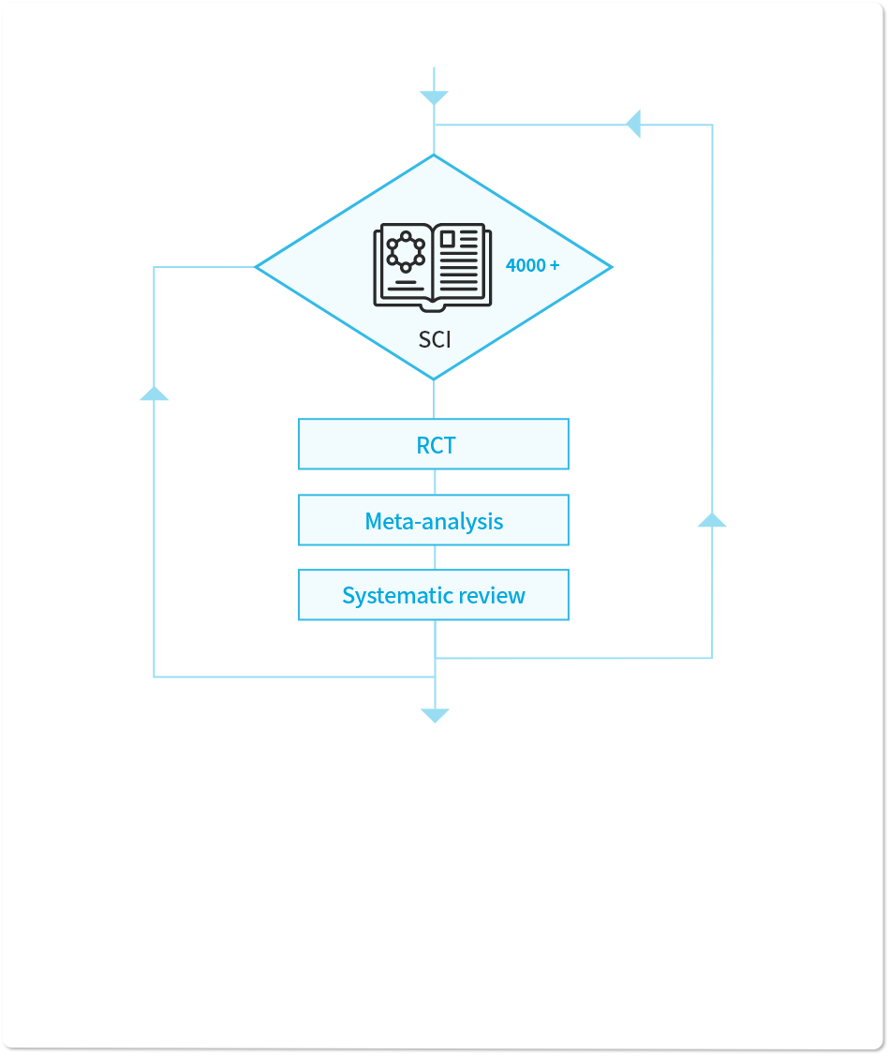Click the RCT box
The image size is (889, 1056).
click(434, 444)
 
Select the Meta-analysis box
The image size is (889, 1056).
click(434, 520)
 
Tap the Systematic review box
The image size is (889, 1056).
click(434, 595)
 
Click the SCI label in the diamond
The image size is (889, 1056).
click(435, 339)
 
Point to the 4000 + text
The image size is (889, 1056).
click(533, 265)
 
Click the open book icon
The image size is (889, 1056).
click(433, 267)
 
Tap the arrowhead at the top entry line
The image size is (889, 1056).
click(434, 98)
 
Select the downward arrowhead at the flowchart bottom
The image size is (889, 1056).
click(435, 715)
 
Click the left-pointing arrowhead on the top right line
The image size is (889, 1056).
click(633, 124)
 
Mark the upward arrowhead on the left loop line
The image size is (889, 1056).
click(155, 394)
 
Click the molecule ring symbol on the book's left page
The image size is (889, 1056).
click(406, 252)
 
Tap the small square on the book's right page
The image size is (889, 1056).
click(448, 239)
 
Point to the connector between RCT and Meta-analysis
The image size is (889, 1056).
click(435, 483)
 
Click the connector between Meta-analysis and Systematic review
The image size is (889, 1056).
click(435, 558)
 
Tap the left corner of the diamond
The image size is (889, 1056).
click(255, 267)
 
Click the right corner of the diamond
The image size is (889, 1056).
click(613, 267)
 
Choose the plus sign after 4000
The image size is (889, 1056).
click(555, 265)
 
